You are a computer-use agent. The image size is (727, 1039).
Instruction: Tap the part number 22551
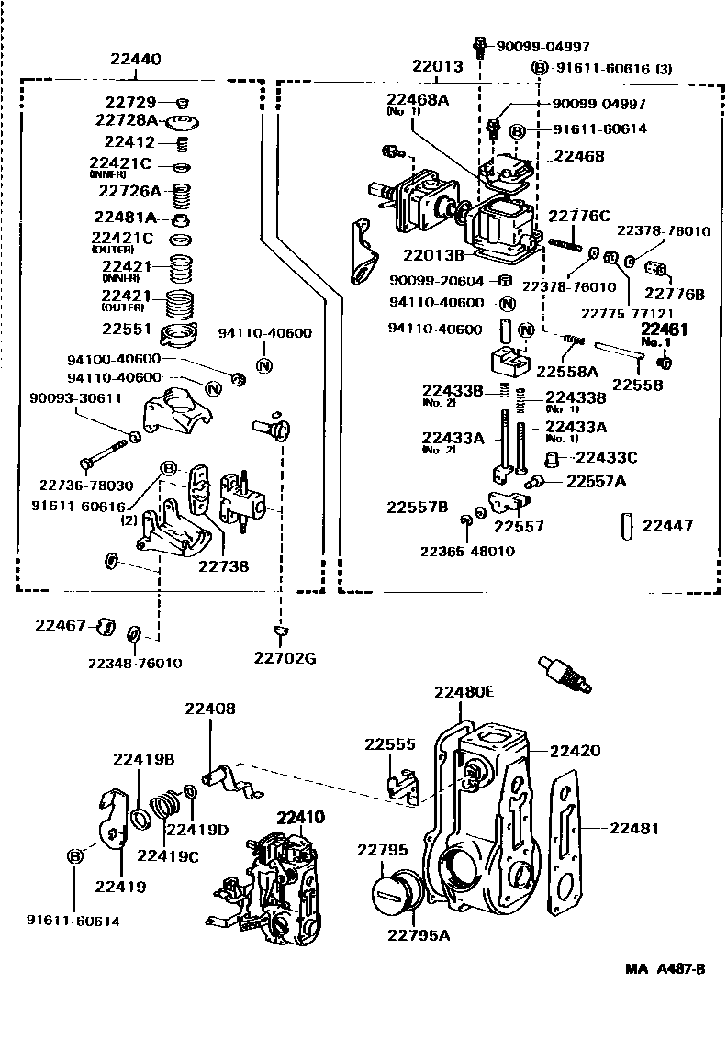click(127, 329)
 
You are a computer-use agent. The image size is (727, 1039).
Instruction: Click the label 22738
click(222, 566)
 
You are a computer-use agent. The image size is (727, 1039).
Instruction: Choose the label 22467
click(61, 625)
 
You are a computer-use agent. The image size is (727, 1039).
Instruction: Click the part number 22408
click(209, 709)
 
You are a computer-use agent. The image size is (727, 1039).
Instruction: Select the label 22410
click(301, 817)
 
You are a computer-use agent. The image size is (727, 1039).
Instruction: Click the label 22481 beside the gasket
click(633, 827)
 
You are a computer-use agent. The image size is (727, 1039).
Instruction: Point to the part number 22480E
click(464, 692)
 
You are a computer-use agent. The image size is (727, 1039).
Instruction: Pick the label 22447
click(667, 525)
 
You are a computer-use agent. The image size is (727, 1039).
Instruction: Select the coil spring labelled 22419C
click(167, 807)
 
